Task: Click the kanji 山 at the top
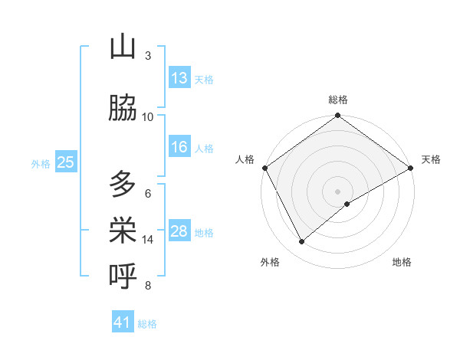point(123,47)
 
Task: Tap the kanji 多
point(123,185)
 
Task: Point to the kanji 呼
point(123,277)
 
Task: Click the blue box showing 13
point(179,78)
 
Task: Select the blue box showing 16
point(179,148)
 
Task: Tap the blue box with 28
point(179,231)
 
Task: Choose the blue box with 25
point(65,162)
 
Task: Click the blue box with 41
point(123,322)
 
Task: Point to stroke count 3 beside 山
point(148,56)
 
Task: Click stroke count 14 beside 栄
point(148,240)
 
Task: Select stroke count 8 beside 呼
point(148,286)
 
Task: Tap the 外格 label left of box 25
point(41,163)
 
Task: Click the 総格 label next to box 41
point(147,324)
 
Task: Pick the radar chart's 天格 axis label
point(431,159)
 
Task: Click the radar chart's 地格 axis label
point(402,262)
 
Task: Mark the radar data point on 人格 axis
point(264,167)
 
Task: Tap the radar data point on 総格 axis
point(337,116)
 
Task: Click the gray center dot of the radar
point(337,191)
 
